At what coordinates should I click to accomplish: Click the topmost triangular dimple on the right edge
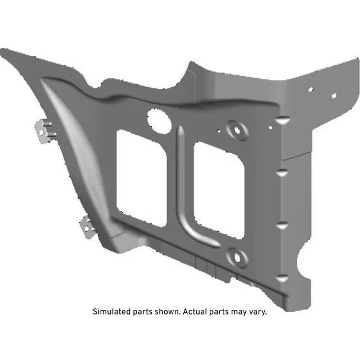tap(283, 120)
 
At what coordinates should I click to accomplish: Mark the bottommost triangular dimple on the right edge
tap(283, 277)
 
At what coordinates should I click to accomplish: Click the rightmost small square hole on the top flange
tap(334, 96)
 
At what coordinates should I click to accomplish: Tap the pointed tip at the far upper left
tap(4, 52)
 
